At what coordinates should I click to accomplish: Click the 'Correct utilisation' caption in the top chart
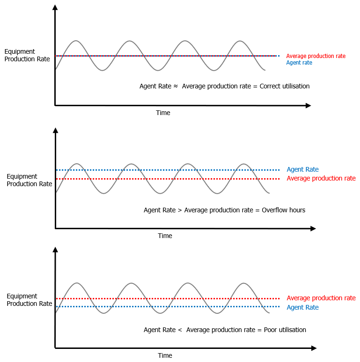click(285, 87)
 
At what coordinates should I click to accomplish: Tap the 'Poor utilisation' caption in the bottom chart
click(285, 330)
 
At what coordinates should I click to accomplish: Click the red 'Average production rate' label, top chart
click(316, 56)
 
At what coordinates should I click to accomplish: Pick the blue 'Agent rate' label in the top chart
click(299, 63)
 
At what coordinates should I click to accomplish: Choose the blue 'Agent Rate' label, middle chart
click(302, 170)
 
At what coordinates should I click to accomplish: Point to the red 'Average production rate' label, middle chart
click(321, 179)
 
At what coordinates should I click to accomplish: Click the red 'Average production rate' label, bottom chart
click(321, 298)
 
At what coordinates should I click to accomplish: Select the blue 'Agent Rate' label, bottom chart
click(302, 308)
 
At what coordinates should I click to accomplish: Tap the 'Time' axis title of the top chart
click(163, 113)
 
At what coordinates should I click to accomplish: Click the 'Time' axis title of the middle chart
click(165, 236)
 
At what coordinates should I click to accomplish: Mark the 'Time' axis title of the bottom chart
click(165, 356)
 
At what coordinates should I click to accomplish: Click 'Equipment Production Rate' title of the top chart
click(27, 56)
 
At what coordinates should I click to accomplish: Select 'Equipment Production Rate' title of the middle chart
click(29, 180)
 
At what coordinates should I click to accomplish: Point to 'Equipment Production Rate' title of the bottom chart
click(29, 300)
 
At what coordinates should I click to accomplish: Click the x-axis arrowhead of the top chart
click(308, 106)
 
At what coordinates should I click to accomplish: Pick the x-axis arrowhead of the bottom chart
click(314, 348)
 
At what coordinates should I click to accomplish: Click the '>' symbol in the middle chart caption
click(180, 210)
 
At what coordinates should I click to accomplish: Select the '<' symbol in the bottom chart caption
click(180, 330)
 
